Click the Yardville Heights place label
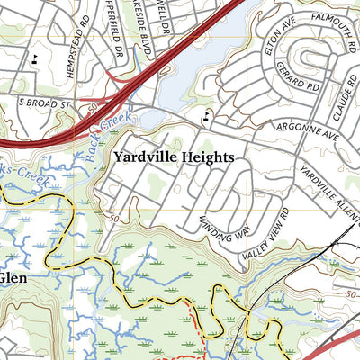(x=174, y=157)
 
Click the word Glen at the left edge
(x=13, y=278)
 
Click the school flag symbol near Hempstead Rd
(x=34, y=60)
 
